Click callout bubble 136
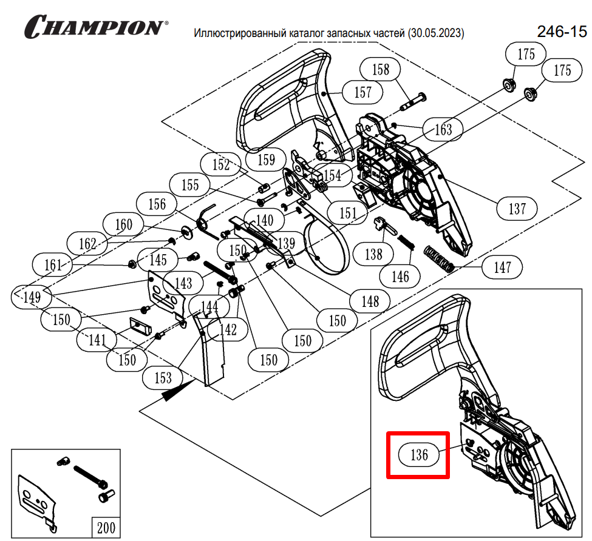tap(420, 455)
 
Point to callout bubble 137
tap(517, 209)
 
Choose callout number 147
tap(502, 266)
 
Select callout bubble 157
tap(362, 93)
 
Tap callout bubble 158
tap(381, 70)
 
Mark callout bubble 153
tap(163, 378)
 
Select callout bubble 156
tap(157, 204)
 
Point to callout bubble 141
tap(98, 340)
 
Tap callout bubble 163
tap(444, 129)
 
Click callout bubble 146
tap(400, 277)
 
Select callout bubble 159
tap(267, 160)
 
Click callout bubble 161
tap(53, 265)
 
